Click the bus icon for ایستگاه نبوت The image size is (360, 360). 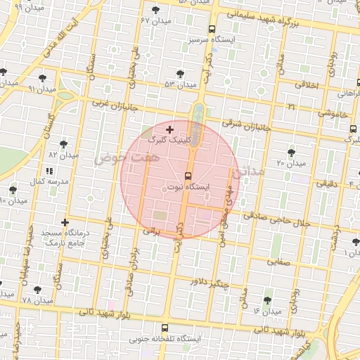click(x=187, y=176)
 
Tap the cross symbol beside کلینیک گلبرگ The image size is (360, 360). click(x=169, y=129)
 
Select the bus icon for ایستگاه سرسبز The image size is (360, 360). click(x=212, y=30)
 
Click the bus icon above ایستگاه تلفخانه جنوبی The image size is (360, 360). click(x=165, y=328)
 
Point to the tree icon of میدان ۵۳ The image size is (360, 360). click(x=181, y=74)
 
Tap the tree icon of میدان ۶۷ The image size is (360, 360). click(x=155, y=10)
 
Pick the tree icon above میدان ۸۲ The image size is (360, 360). click(x=63, y=143)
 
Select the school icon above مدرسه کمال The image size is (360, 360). click(x=49, y=171)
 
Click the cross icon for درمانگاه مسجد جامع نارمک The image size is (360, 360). click(x=65, y=222)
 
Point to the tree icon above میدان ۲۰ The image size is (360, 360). click(x=291, y=153)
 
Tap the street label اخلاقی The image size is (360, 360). click(x=306, y=84)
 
